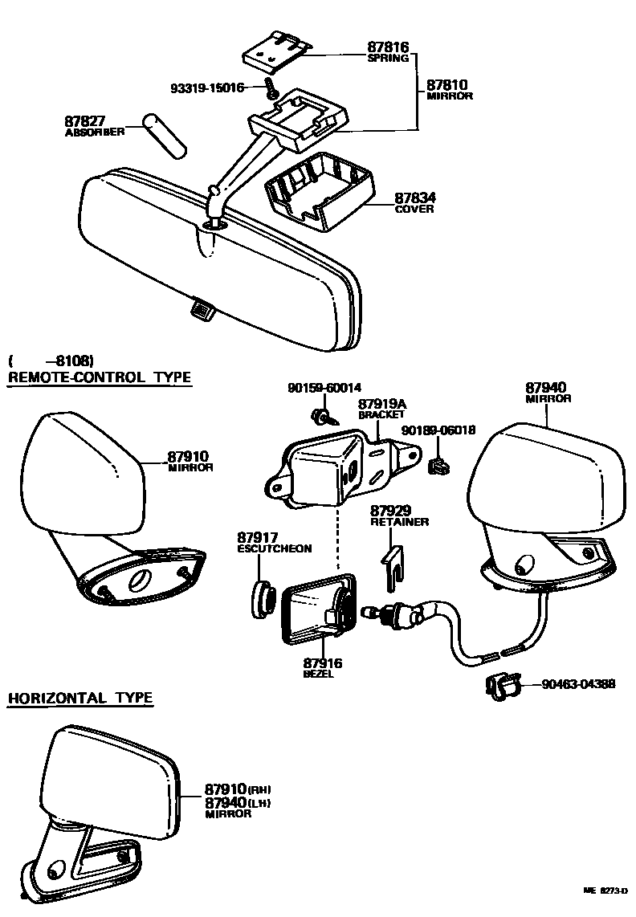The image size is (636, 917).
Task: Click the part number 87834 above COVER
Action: (x=414, y=198)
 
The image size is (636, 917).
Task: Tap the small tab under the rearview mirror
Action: (x=201, y=307)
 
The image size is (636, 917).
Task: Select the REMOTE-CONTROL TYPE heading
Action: (x=100, y=377)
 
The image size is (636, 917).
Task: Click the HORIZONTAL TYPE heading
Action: (x=79, y=698)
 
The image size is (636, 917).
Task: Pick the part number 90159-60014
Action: (x=324, y=389)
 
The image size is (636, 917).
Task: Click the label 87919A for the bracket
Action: (x=382, y=404)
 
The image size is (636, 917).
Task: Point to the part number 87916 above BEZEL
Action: (x=323, y=663)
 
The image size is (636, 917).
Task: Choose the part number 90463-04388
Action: (x=578, y=684)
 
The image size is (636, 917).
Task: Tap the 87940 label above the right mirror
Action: (x=548, y=387)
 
